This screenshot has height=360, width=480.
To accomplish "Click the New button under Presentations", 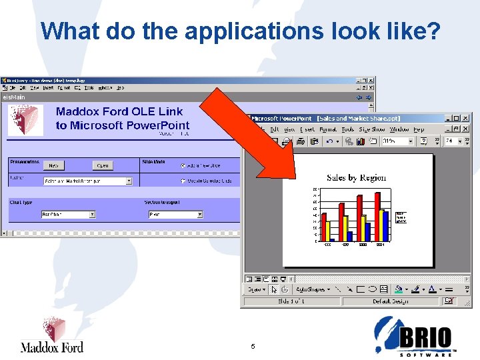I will coord(53,165).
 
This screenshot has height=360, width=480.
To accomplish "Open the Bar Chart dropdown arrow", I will coord(92,215).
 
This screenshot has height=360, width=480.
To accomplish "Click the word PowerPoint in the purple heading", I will coord(158,125).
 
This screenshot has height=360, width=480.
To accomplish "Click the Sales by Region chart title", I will coord(356,177).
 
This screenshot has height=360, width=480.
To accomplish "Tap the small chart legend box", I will coord(401,217).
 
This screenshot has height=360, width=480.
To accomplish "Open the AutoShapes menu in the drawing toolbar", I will coord(310,290).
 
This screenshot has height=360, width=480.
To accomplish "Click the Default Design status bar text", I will coord(390,301).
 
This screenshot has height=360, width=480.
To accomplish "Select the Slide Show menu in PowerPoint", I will coord(372,129).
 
